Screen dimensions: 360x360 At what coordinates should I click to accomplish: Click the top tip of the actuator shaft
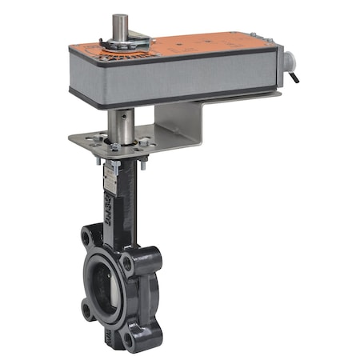point(120,17)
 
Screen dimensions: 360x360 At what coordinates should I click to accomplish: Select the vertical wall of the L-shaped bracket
point(176,120)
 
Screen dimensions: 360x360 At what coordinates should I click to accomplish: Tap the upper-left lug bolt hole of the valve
point(87,237)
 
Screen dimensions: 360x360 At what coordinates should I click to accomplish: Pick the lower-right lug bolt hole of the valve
point(129,337)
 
